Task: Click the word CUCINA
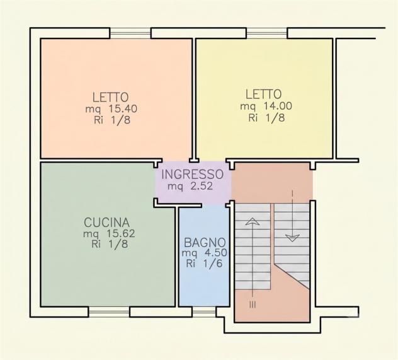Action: pos(107,223)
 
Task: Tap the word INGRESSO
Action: pos(193,174)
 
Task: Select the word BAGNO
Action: pos(205,242)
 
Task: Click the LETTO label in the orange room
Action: pos(110,97)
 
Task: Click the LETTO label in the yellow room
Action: pos(263,94)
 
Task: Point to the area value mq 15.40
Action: pos(111,109)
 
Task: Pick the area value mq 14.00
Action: pos(266,106)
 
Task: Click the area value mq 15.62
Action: pos(109,233)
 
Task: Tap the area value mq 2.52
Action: pos(190,186)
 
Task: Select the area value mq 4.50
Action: pos(204,253)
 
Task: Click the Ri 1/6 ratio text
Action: pos(204,264)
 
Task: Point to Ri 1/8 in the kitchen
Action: pos(110,244)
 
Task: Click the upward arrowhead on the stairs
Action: pos(253,221)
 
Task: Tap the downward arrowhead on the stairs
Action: pos(292,238)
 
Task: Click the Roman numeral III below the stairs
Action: pos(253,305)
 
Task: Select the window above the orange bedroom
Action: pos(130,33)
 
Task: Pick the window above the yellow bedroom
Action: pos(267,33)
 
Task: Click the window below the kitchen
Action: pos(109,311)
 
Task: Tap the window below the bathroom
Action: pos(204,311)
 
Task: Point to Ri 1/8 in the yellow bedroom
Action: pos(266,118)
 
